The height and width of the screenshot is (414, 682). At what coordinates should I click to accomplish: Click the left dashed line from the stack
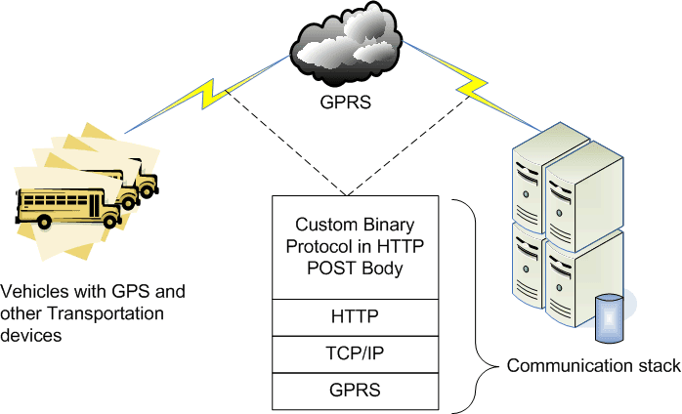pyautogui.click(x=283, y=142)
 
